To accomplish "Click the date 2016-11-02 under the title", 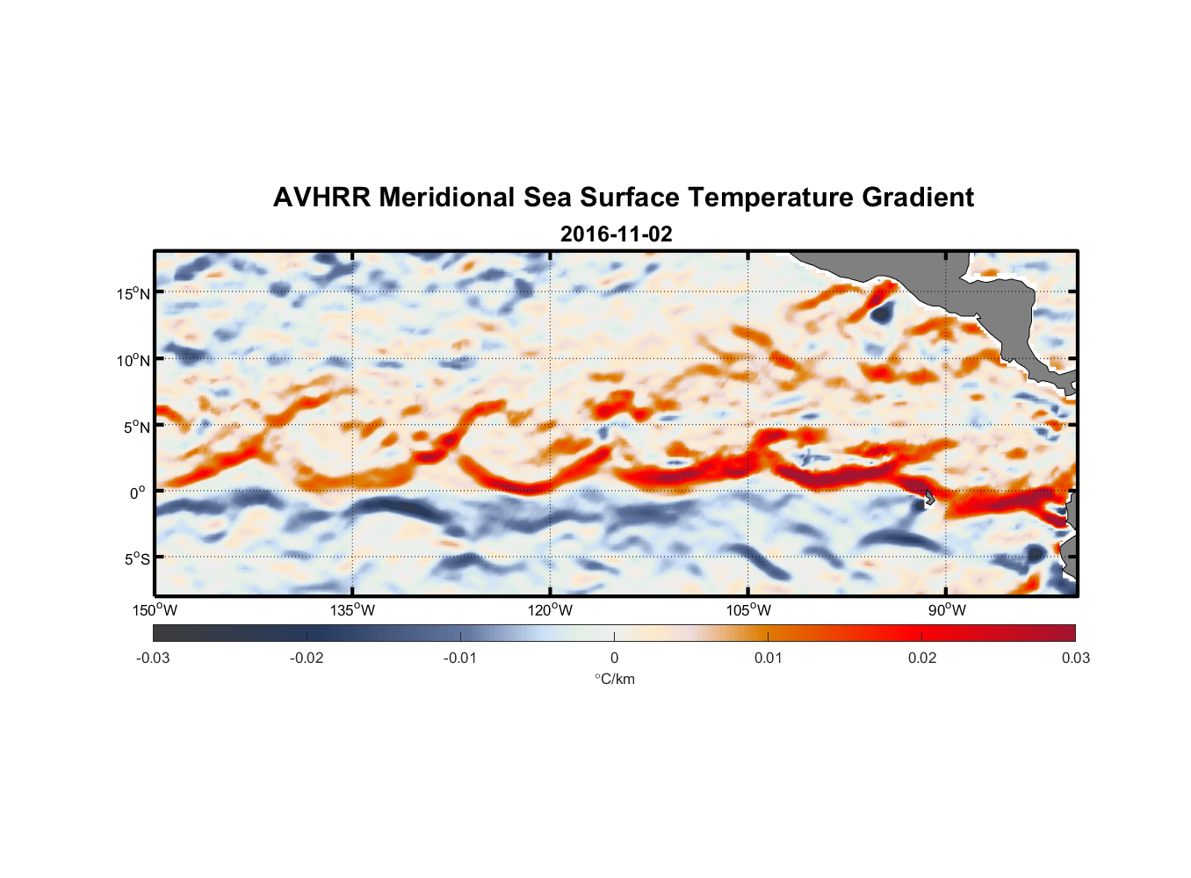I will pyautogui.click(x=616, y=234).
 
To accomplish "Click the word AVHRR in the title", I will pyautogui.click(x=321, y=198).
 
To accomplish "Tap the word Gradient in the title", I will pyautogui.click(x=917, y=198).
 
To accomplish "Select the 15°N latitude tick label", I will pyautogui.click(x=133, y=293).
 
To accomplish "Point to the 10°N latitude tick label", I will pyautogui.click(x=133, y=360).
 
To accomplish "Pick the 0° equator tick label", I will pyautogui.click(x=138, y=493).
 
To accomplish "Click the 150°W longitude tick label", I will pyautogui.click(x=155, y=610).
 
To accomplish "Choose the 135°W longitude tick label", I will pyautogui.click(x=353, y=610).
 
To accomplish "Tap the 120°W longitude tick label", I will pyautogui.click(x=551, y=610).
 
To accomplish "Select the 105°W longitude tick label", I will pyautogui.click(x=748, y=610).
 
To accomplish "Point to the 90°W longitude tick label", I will pyautogui.click(x=947, y=610).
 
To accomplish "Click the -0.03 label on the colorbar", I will pyautogui.click(x=153, y=658).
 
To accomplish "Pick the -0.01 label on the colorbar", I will pyautogui.click(x=460, y=658).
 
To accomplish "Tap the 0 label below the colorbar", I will pyautogui.click(x=614, y=658).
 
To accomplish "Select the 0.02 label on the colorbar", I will pyautogui.click(x=922, y=658).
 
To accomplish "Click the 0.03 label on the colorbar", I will pyautogui.click(x=1075, y=658).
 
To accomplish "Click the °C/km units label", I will pyautogui.click(x=615, y=679).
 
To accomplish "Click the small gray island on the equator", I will pyautogui.click(x=929, y=497).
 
